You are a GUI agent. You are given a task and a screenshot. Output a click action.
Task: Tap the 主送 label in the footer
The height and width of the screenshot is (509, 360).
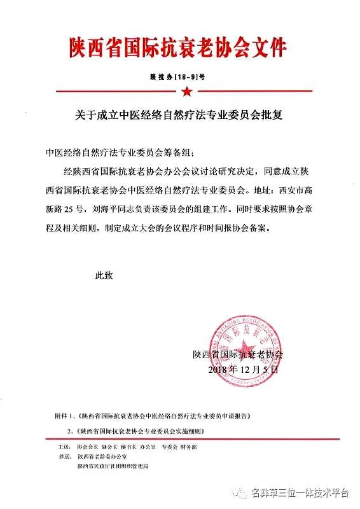63,447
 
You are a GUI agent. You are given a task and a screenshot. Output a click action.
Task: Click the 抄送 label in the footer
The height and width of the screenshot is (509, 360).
63,457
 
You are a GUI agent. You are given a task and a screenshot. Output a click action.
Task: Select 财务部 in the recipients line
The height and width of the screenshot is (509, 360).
190,447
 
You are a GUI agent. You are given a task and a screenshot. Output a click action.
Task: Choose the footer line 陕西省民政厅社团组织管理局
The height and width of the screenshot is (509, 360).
112,466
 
